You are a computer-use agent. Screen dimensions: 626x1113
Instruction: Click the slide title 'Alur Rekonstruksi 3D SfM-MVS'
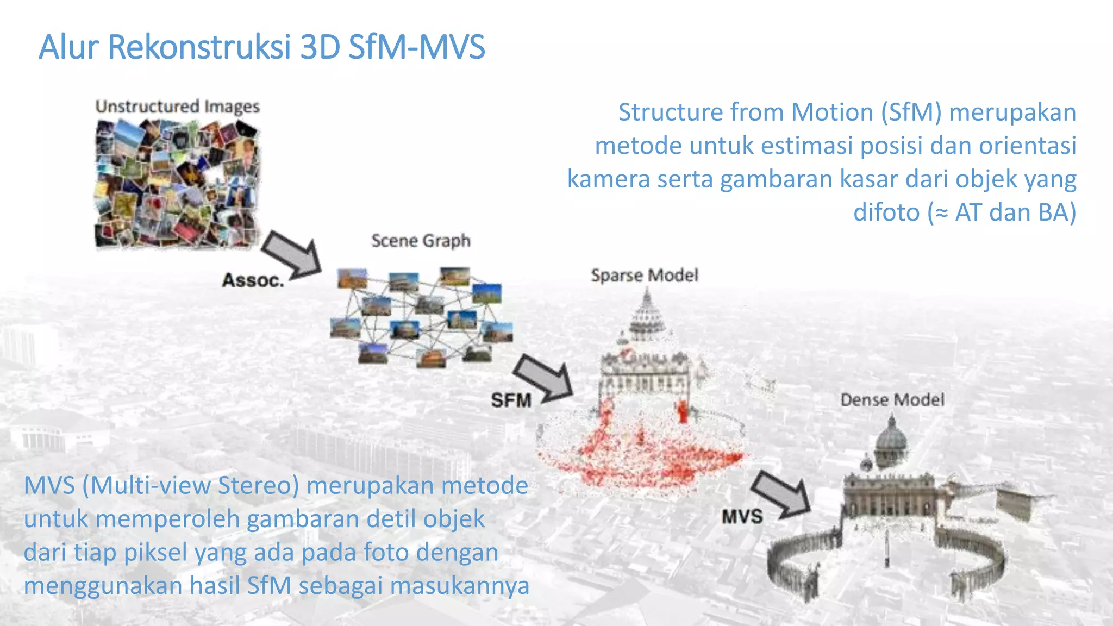[x=261, y=47]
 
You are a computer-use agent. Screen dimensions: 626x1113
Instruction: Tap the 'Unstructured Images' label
[x=177, y=106]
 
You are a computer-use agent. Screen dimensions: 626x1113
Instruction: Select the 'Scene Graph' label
[x=421, y=240]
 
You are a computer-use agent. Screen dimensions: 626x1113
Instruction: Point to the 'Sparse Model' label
[x=644, y=275]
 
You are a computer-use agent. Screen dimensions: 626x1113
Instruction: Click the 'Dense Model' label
[x=892, y=400]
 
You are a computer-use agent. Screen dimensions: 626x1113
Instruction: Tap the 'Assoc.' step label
[x=253, y=280]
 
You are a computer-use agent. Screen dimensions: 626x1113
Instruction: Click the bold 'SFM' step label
[x=511, y=400]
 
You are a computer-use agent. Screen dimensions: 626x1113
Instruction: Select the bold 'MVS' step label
[x=742, y=516]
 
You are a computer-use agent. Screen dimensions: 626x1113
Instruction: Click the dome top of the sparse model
[x=647, y=315]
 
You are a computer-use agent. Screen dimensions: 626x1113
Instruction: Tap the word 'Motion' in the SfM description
[x=833, y=112]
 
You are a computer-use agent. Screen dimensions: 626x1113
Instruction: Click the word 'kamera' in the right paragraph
[x=608, y=179]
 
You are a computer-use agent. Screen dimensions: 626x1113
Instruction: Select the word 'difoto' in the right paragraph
[x=886, y=212]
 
